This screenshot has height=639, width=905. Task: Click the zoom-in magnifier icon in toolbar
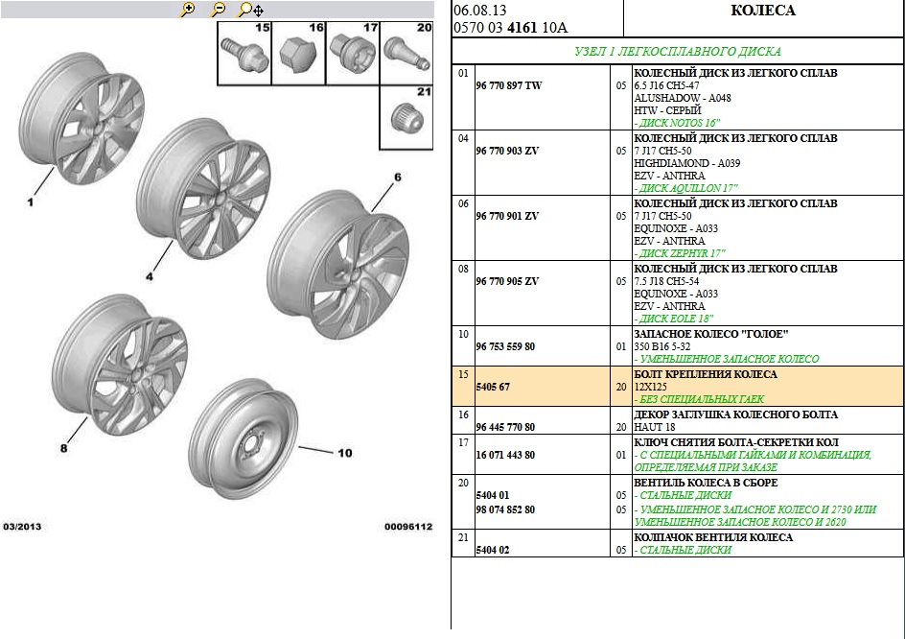point(188,9)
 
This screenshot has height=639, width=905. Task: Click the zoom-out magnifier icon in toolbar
point(218,9)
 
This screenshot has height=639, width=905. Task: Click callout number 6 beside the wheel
point(397,177)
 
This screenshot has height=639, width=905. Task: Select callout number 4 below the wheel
point(149,276)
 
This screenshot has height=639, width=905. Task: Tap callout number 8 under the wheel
point(64,447)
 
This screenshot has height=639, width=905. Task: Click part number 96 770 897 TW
point(508,85)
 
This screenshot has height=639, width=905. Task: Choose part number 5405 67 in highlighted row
point(495,386)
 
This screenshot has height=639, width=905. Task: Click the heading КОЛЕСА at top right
point(762,11)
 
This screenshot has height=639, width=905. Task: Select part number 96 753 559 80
point(505,345)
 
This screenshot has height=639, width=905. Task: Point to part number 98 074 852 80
point(505,509)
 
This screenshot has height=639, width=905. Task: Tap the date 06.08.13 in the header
point(476,11)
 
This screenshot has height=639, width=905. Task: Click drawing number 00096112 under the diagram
point(408,527)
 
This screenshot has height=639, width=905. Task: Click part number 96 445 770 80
point(505,427)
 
